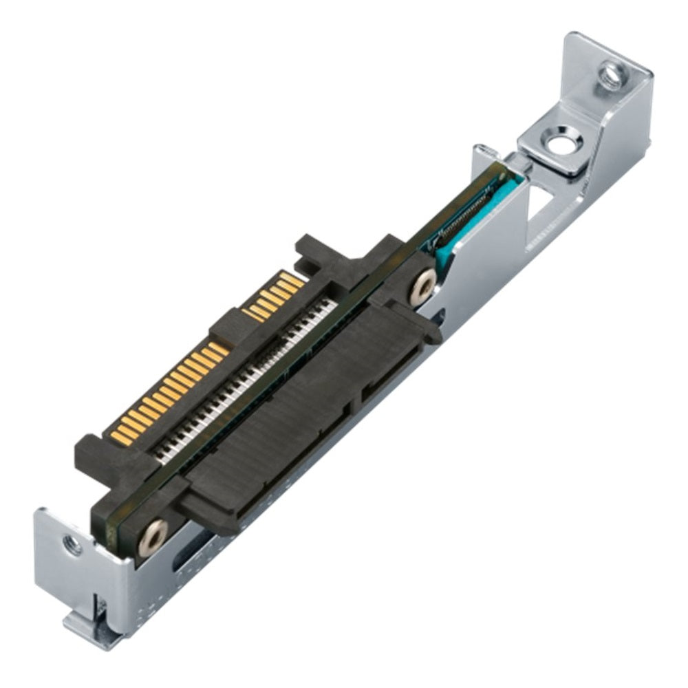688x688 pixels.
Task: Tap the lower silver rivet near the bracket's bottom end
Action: click(x=152, y=535)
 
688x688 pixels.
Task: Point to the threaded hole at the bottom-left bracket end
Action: click(x=72, y=546)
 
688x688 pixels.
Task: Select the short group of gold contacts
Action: click(x=272, y=296)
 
